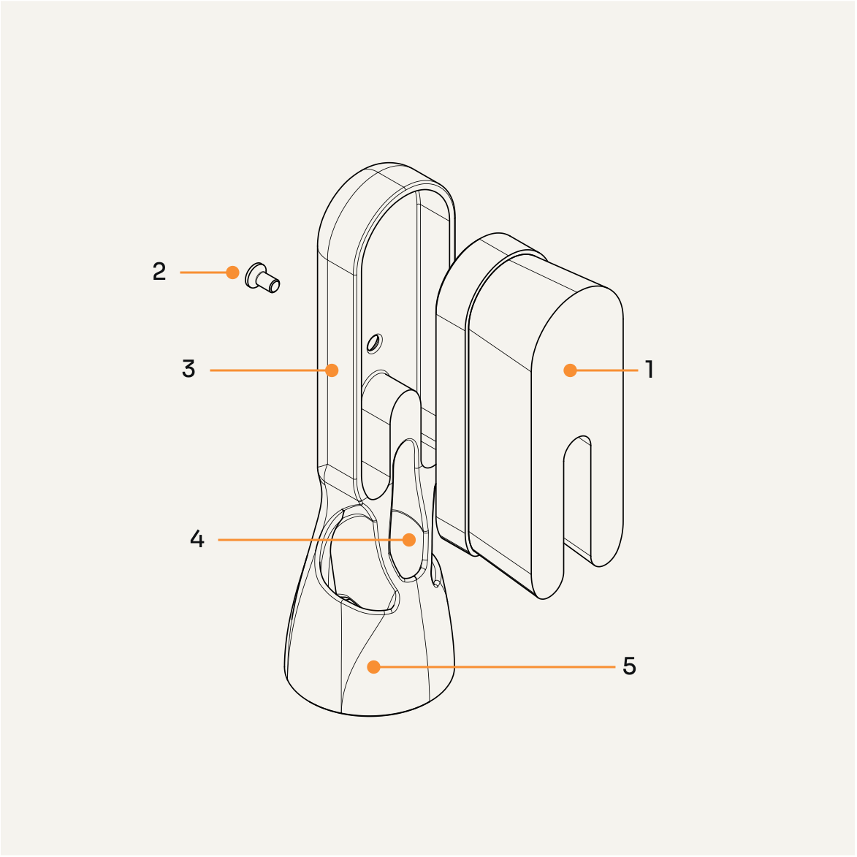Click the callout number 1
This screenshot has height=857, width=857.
point(649,370)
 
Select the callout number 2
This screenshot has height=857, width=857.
point(159,272)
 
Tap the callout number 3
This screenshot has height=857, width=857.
point(188,370)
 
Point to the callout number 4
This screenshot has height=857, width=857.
point(197,540)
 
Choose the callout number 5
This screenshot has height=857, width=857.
point(629,666)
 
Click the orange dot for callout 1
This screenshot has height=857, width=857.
point(571,370)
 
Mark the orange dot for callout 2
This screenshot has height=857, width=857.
point(232,273)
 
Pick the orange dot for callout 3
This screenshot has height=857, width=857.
point(332,370)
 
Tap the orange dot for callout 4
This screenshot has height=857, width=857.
point(409,540)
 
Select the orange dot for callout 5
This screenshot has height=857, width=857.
point(374,666)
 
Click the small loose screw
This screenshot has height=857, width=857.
point(263,278)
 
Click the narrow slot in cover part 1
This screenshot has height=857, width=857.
point(577,497)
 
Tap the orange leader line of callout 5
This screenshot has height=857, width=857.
point(497,666)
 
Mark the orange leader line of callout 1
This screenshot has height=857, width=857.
point(606,370)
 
